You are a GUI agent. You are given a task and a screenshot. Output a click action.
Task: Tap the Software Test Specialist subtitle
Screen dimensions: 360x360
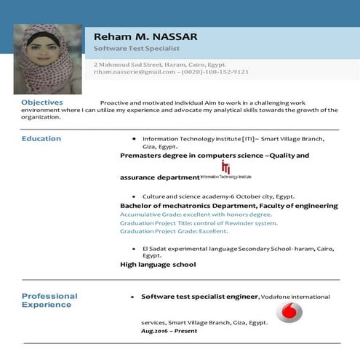(x=136, y=49)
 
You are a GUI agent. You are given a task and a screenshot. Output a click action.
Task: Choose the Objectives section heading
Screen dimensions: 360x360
(x=41, y=103)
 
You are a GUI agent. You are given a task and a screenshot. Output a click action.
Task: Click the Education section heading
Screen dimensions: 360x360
(x=41, y=138)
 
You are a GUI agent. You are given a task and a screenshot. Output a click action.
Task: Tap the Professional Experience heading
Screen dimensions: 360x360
(x=49, y=300)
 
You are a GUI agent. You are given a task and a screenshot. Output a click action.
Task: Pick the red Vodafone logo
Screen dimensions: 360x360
(x=289, y=313)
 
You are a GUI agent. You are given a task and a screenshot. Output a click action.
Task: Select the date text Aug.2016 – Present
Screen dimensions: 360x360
(x=169, y=331)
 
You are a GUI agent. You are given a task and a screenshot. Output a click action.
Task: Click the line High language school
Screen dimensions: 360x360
(x=157, y=265)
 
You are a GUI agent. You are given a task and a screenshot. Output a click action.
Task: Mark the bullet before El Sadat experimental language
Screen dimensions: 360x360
(x=134, y=249)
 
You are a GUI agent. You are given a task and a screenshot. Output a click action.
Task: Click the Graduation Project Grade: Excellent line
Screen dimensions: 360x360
(x=174, y=231)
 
